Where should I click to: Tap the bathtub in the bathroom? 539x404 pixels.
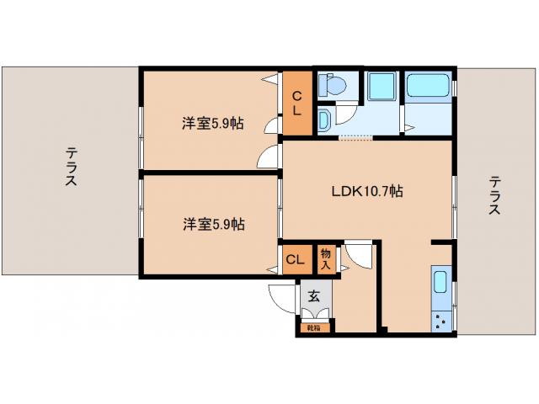[x=428, y=86]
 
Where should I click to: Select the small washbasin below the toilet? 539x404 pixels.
[x=324, y=120]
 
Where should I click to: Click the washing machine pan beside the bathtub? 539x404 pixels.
[x=381, y=86]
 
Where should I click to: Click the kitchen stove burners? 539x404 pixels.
[x=439, y=319]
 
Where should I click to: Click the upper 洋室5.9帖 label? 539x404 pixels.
[x=213, y=123]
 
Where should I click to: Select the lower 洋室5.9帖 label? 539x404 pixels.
[x=213, y=224]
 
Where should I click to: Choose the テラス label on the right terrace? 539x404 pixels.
[x=494, y=195]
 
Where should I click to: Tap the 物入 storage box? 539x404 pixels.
[x=326, y=259]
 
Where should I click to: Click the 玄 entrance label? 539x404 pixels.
[x=313, y=295]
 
